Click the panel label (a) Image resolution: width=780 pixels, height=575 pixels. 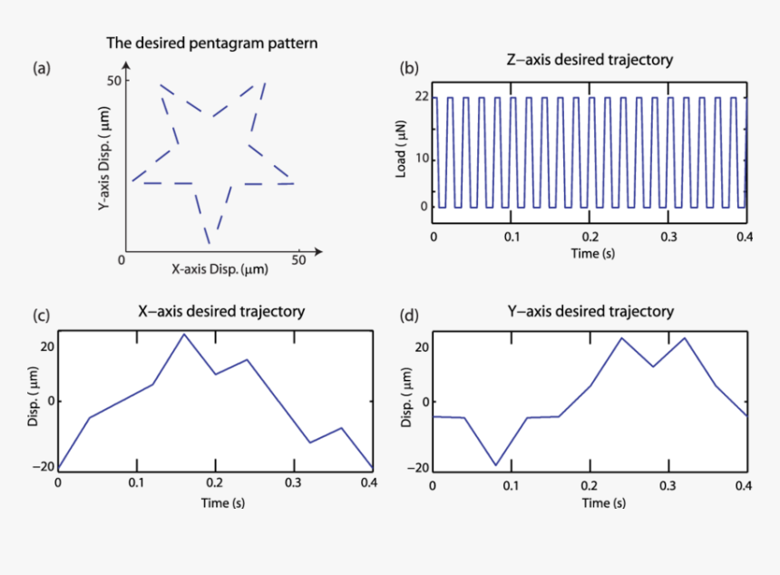[x=40, y=68]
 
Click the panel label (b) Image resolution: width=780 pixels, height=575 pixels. [x=410, y=68]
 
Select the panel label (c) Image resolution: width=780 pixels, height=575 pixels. [x=40, y=316]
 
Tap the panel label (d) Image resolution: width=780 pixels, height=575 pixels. [x=410, y=316]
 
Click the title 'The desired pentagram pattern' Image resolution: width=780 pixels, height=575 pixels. [x=212, y=43]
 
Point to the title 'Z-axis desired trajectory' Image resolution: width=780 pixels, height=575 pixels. [x=589, y=61]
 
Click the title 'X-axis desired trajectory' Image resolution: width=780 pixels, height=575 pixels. [x=220, y=311]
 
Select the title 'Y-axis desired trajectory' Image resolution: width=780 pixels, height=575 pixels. [x=590, y=311]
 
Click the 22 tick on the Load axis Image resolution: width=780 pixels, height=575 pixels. [x=420, y=97]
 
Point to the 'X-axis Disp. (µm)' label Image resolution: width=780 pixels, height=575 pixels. [x=219, y=269]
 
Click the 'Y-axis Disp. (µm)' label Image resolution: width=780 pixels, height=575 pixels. [x=105, y=160]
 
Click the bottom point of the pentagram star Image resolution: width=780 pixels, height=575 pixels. [x=210, y=243]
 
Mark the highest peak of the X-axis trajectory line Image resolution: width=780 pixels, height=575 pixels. [x=184, y=334]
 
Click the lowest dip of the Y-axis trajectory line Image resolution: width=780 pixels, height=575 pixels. [x=496, y=465]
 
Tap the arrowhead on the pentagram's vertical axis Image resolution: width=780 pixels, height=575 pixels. [x=126, y=65]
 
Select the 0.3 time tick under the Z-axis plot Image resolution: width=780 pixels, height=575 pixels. [x=668, y=236]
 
